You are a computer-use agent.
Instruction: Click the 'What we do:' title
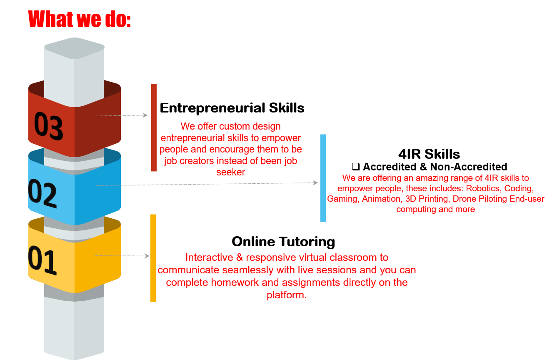coord(79,19)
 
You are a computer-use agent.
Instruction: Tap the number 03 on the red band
coord(49,126)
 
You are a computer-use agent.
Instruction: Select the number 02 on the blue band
coord(42,193)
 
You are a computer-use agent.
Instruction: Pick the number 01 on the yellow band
coord(42,260)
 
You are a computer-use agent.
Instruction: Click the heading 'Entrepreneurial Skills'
coord(232,107)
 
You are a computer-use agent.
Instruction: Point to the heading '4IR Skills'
coord(429,154)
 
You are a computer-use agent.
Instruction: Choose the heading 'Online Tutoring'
coord(283,242)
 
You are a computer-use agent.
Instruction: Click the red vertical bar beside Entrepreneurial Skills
coord(154,127)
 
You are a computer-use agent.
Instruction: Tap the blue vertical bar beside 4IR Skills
coord(323,178)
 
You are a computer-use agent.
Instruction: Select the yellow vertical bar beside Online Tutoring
coord(153,258)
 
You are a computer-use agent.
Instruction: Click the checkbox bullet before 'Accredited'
coord(356,167)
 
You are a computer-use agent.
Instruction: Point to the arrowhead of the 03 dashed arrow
coord(145,115)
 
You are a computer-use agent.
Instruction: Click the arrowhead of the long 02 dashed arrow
coord(315,182)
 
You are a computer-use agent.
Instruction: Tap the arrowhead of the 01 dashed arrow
coord(147,256)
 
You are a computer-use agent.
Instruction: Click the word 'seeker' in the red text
coord(231,172)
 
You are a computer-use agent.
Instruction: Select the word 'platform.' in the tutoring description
coord(287,295)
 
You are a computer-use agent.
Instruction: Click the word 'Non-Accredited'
coord(469,167)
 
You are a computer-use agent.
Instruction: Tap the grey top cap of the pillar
coord(75,48)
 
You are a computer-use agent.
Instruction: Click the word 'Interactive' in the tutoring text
coord(209,257)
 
